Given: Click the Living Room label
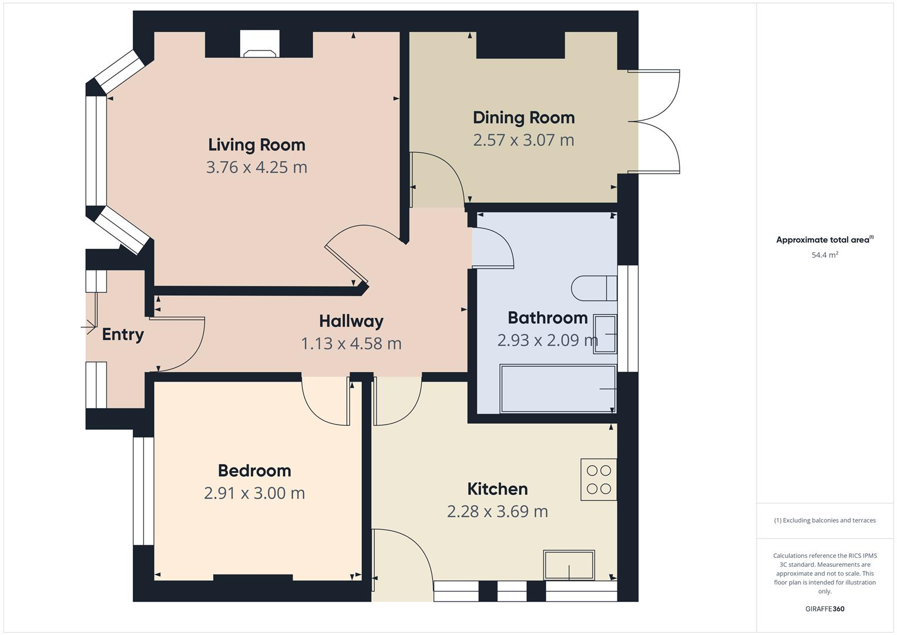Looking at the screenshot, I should click(x=257, y=145).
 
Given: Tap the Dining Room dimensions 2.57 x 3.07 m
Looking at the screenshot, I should click(x=523, y=140).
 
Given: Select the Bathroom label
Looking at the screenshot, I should click(x=547, y=317).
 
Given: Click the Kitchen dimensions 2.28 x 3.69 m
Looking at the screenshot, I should click(x=497, y=512).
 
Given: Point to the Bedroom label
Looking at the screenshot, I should click(x=254, y=470).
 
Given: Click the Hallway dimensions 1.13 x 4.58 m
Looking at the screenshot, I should click(x=351, y=343).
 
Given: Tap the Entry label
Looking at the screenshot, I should click(x=123, y=334).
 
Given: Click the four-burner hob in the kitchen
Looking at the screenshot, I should click(x=599, y=479).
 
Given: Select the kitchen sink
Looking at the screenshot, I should click(x=569, y=565).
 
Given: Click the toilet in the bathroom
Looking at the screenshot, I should click(x=593, y=288).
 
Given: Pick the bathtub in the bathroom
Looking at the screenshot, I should click(x=557, y=389).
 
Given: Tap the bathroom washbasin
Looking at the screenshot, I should click(x=605, y=334).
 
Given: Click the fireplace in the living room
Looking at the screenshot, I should click(x=260, y=45).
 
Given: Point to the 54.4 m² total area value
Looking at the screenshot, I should click(x=824, y=255).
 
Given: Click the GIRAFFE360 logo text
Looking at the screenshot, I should click(x=824, y=609).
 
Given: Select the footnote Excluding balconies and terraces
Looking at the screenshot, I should click(x=824, y=520).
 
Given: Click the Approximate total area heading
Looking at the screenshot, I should click(x=824, y=240).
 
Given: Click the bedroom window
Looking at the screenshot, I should click(x=143, y=491).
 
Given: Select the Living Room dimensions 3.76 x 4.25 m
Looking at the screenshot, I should click(x=257, y=167).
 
